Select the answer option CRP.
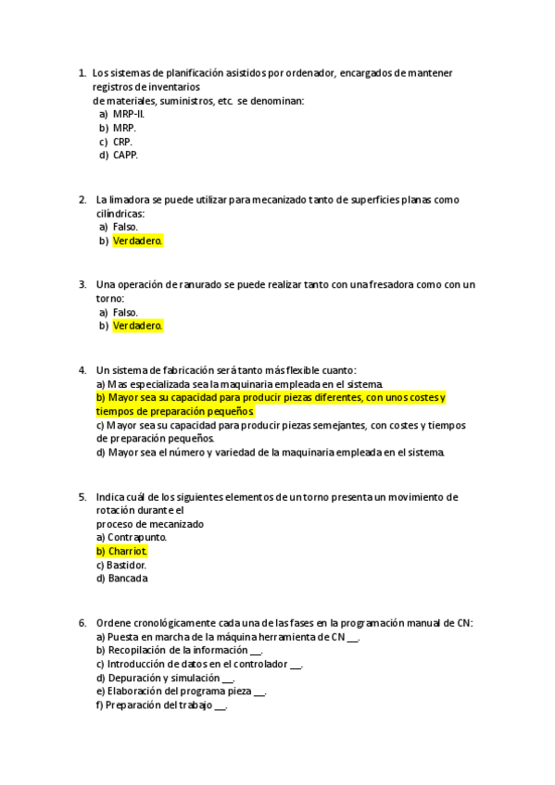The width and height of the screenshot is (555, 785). pos(122,142)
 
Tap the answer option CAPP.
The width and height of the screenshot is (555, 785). pos(125,156)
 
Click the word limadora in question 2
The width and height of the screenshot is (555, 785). pos(128,199)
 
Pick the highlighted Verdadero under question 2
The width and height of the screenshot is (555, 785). pos(137,241)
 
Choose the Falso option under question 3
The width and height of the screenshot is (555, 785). pos(125,312)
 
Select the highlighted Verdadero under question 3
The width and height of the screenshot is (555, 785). pos(137,326)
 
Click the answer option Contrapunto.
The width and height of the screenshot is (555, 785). pos(137,537)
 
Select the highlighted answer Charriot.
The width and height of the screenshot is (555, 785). pos(128,551)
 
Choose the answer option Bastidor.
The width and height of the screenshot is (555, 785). pos(127,565)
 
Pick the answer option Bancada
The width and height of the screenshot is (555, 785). pos(127,579)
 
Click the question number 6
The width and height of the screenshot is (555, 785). pos(82,622)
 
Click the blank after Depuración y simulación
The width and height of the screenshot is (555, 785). pos(227,678)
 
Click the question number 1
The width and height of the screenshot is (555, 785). pos(82,73)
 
